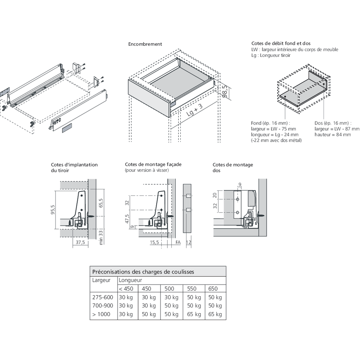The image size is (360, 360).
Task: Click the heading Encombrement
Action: pyautogui.click(x=145, y=44)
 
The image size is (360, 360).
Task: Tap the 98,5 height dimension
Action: pyautogui.click(x=225, y=91)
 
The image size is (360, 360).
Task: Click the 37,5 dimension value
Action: pyautogui.click(x=81, y=243)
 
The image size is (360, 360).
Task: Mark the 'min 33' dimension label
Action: pyautogui.click(x=101, y=238)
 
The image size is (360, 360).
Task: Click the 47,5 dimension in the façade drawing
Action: pyautogui.click(x=127, y=219)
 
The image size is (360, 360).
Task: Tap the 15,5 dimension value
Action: pyautogui.click(x=155, y=243)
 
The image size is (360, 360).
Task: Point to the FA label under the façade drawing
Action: pyautogui.click(x=178, y=243)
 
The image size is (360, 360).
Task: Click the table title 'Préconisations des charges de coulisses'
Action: pyautogui.click(x=143, y=272)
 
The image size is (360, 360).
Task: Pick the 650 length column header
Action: pyautogui.click(x=213, y=288)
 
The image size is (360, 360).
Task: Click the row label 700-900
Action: pyautogui.click(x=103, y=306)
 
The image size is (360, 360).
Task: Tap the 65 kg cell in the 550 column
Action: pyautogui.click(x=194, y=314)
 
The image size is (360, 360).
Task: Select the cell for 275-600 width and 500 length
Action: pyautogui.click(x=171, y=297)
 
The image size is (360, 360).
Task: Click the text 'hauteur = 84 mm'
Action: pyautogui.click(x=332, y=135)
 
